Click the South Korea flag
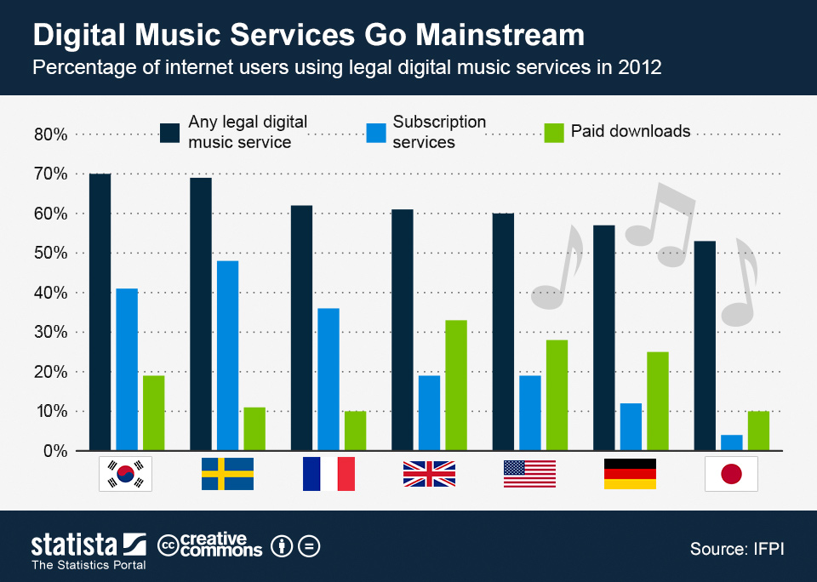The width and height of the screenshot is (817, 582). [126, 474]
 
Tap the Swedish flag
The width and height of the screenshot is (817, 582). [227, 474]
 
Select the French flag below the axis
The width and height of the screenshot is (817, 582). [329, 474]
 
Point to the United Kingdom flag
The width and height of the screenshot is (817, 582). [429, 474]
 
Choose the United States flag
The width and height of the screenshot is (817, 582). [529, 474]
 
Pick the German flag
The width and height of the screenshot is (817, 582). [630, 474]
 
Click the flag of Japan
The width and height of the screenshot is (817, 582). [731, 474]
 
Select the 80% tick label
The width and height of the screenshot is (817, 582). [50, 134]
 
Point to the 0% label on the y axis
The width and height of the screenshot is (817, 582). [54, 451]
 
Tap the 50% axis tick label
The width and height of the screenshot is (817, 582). [50, 253]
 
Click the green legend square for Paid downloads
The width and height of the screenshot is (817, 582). [554, 132]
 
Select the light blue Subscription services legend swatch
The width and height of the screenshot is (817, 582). [376, 132]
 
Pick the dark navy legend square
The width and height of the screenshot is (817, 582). [170, 132]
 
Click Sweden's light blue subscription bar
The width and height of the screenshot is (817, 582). [227, 356]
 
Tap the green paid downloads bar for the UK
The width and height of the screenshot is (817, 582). [456, 385]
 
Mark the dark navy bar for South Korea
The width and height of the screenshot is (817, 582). [100, 312]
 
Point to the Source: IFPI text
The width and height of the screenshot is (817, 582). [736, 549]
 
